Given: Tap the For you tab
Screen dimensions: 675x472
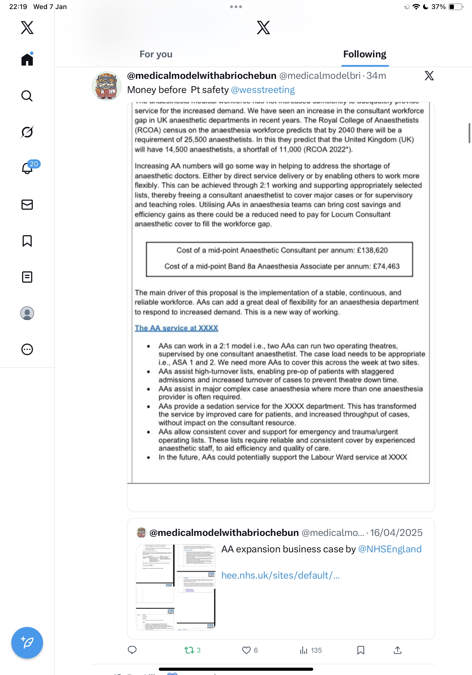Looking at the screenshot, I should (x=156, y=54).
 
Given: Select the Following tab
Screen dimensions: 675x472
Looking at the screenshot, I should (x=364, y=54).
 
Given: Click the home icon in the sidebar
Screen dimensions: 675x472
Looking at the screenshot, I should (x=27, y=59).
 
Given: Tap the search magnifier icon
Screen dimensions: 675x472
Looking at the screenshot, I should (x=27, y=96).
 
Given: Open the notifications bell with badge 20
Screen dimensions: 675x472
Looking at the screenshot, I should (x=27, y=168).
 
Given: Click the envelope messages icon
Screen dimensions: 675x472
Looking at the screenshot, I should (x=27, y=205).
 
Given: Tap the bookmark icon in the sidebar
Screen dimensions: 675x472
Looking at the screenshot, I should (x=27, y=241).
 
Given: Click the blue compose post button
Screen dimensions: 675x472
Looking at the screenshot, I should (x=27, y=643).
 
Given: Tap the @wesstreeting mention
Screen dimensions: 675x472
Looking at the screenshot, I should (x=263, y=90).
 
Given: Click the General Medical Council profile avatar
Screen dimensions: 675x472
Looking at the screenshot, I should (x=106, y=86).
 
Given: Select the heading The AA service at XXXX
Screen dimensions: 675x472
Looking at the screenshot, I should (x=176, y=328).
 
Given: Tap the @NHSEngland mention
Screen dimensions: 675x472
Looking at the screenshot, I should (x=390, y=549).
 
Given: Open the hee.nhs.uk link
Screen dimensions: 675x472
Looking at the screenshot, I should (x=280, y=575).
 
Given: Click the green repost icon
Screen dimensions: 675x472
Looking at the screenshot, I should (x=189, y=650).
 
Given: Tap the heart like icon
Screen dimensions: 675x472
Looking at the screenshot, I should (x=246, y=650).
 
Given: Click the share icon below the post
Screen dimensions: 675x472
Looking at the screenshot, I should (x=397, y=650).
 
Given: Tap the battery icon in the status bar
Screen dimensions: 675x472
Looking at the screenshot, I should (x=455, y=7).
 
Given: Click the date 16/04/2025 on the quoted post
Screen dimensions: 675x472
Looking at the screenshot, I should (x=396, y=533).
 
